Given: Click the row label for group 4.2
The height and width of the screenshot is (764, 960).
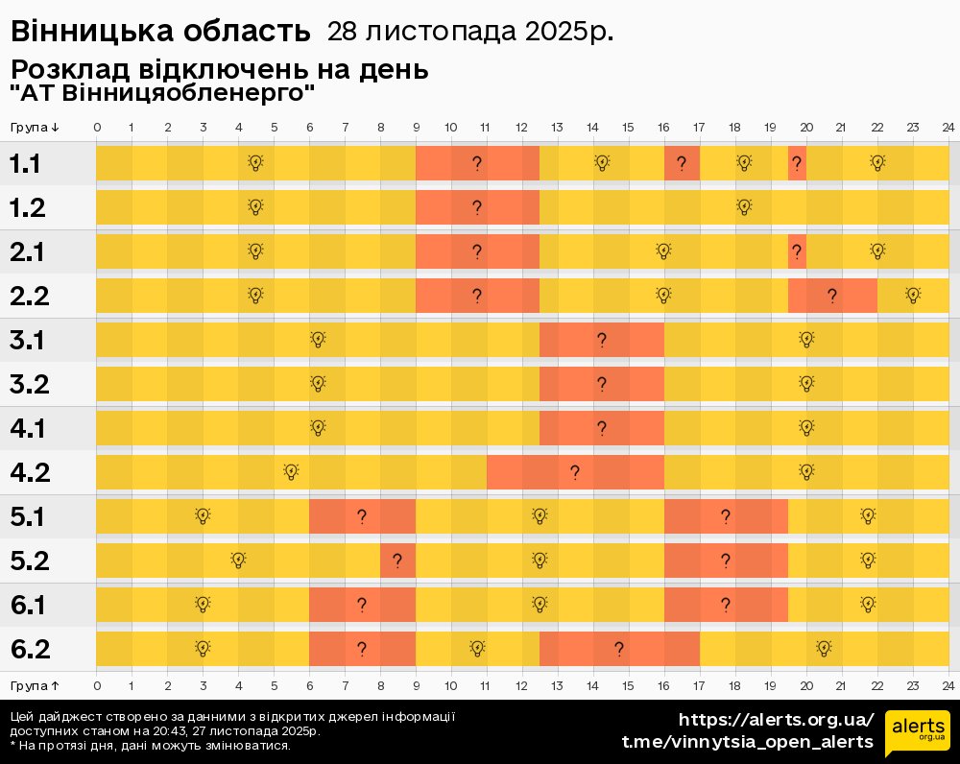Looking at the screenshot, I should pos(30,472).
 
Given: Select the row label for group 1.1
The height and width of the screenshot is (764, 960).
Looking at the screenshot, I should pos(25,164).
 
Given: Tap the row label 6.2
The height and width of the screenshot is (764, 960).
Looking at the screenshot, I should pos(30,650).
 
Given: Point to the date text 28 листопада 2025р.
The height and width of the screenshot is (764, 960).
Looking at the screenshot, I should pos(470,32).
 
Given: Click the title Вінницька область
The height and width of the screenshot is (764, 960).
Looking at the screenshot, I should pos(160,32).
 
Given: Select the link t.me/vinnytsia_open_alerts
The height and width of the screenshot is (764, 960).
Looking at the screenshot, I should pos(748,742).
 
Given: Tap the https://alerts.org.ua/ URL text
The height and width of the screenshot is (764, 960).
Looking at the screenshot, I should pos(777,720).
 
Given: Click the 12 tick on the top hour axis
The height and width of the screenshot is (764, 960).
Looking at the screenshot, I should pos(521,128).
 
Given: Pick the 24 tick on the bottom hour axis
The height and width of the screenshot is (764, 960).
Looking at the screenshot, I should pos(948,686).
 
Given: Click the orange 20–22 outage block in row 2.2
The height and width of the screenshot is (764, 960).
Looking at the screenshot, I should pos(832,296).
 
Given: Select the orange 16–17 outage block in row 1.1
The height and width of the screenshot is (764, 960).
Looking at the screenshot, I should pos(682,163).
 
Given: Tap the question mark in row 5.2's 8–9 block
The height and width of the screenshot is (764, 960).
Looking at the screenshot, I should pos(396,561).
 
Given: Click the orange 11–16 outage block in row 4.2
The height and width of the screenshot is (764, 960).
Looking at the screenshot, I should pos(575,472).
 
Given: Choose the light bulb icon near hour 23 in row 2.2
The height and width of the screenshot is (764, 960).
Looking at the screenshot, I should pos(912,296).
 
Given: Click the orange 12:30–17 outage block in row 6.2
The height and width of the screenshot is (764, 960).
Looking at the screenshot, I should pos(619,650).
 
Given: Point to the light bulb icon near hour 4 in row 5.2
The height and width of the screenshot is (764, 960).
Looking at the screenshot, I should pos(238,561).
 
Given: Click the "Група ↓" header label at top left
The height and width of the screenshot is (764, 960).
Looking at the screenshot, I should pos(36,128).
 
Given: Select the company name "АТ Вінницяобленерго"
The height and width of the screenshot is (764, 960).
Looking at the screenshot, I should pos(162,94).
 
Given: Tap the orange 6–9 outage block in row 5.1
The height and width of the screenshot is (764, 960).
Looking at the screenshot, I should pos(362,516).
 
